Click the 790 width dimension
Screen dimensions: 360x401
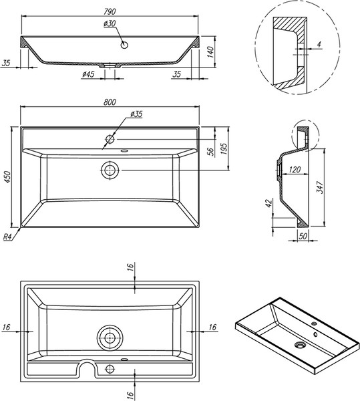(110, 11)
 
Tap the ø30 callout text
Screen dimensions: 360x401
(110, 23)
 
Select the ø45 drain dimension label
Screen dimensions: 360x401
(88, 74)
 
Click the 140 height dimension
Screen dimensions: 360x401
(210, 52)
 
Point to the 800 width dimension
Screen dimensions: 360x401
(110, 102)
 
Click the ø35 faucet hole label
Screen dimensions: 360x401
(136, 114)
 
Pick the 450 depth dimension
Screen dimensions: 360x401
(7, 176)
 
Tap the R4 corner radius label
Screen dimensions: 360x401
(7, 237)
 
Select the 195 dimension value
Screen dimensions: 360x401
(224, 148)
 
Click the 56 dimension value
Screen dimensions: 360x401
(210, 152)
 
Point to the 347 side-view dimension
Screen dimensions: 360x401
(320, 187)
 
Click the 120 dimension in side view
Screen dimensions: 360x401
(295, 170)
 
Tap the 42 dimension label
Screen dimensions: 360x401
(268, 203)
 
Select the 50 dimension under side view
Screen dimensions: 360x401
(303, 236)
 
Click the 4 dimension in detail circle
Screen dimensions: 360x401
(319, 44)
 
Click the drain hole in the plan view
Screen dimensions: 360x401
(110, 170)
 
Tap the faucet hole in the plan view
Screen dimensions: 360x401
(110, 139)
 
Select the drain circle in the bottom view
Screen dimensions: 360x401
(110, 338)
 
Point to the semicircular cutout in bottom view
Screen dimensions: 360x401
(87, 361)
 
